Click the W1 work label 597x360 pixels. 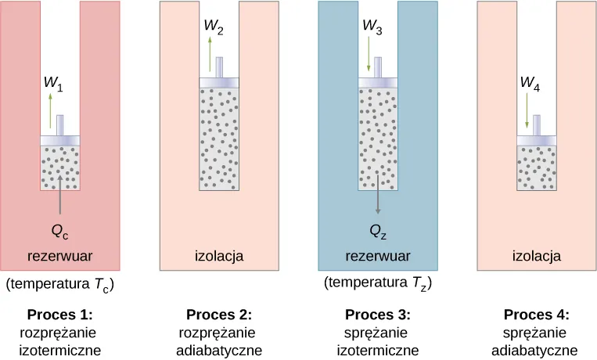pyautogui.click(x=53, y=81)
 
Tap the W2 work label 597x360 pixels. pyautogui.click(x=214, y=26)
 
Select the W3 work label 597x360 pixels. pyautogui.click(x=372, y=26)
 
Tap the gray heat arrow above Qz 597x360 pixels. pyautogui.click(x=378, y=192)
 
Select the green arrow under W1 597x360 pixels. pyautogui.click(x=52, y=110)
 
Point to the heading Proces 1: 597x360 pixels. pyautogui.click(x=59, y=315)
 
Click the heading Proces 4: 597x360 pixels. pyautogui.click(x=536, y=315)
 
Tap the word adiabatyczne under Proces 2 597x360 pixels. pyautogui.click(x=219, y=350)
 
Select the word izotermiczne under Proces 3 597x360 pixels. pyautogui.click(x=378, y=350)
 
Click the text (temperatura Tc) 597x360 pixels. pyautogui.click(x=60, y=285)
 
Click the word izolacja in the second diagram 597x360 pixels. pyautogui.click(x=219, y=256)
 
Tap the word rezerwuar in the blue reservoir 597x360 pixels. pyautogui.click(x=378, y=256)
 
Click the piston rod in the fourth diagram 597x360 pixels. pyautogui.click(x=537, y=124)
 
